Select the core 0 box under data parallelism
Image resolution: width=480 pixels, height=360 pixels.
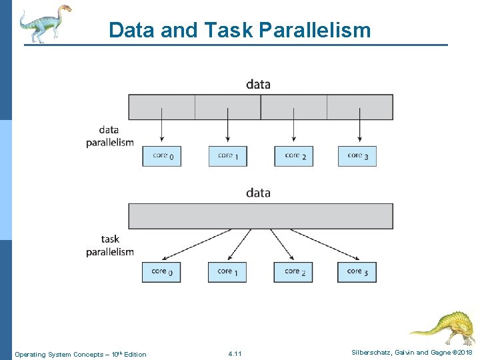point(161,156)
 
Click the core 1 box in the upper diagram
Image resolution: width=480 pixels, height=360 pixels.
point(227,156)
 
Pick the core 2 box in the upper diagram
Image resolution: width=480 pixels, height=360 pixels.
point(293,156)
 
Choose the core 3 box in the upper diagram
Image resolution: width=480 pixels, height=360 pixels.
point(357,156)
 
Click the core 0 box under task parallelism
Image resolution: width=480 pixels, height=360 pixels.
point(161,272)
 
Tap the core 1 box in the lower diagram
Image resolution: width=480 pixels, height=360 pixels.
point(227,272)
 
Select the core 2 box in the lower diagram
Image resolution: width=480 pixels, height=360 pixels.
point(293,272)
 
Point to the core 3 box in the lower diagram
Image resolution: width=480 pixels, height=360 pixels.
point(357,272)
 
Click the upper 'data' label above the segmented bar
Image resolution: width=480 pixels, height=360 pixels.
point(258,84)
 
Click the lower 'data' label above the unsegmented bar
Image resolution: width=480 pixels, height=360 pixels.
point(258,193)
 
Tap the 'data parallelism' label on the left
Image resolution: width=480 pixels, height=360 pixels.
point(109,136)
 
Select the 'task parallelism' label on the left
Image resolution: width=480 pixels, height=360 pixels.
point(109,245)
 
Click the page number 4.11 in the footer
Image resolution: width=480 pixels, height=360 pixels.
point(235,353)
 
